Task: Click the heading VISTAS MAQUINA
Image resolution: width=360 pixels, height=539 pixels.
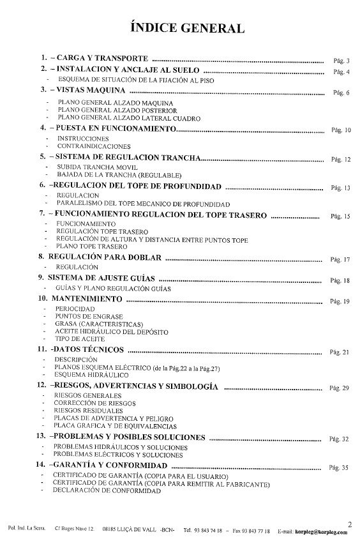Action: coord(90,91)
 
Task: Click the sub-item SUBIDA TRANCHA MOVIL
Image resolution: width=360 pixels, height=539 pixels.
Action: coord(93,167)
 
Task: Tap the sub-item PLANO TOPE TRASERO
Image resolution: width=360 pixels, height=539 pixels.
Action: coord(93,245)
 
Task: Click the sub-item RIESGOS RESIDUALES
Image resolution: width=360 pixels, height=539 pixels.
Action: coord(91,412)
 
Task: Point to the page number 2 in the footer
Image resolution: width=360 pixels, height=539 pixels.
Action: coord(350,524)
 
